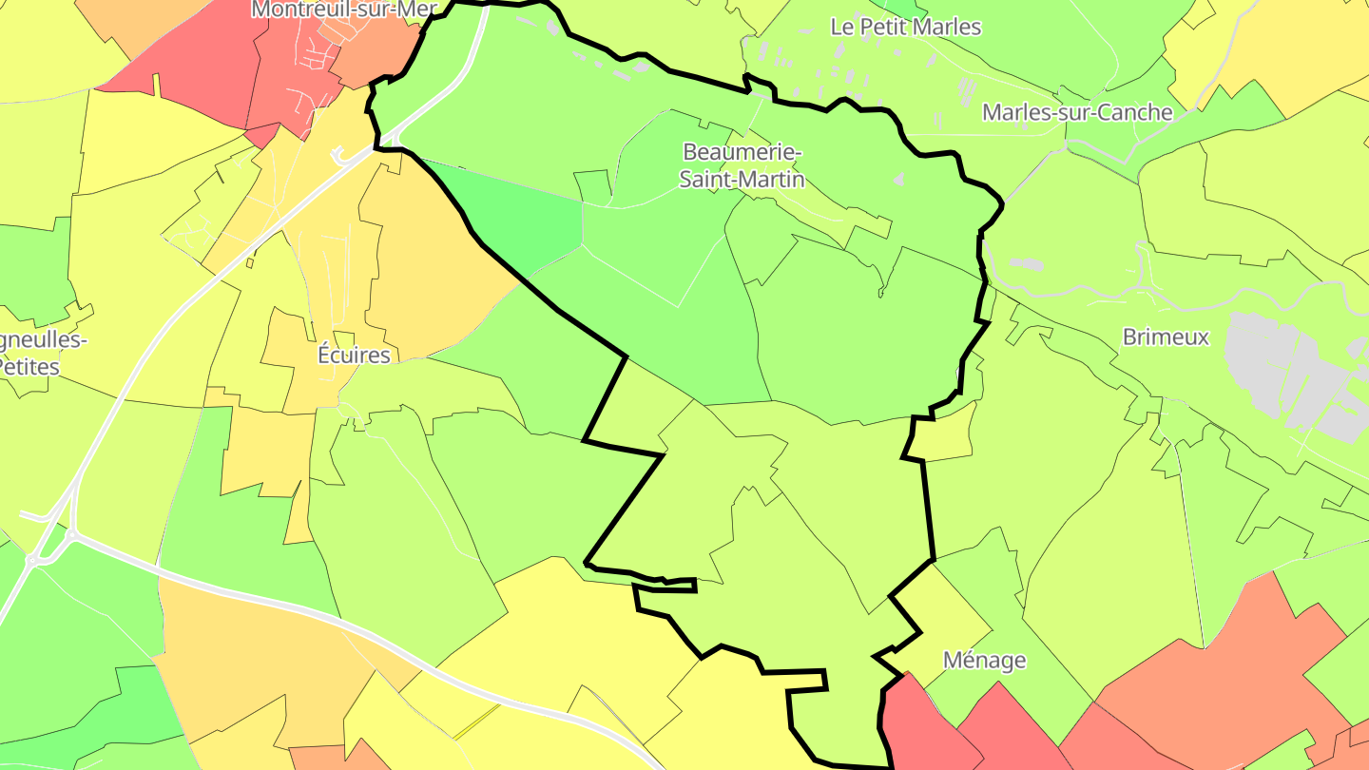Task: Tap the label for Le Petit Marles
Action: [x=905, y=27]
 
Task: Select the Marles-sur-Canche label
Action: [x=1077, y=112]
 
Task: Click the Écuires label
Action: [x=354, y=355]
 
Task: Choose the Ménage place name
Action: [x=984, y=660]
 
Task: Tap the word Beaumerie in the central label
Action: [x=742, y=152]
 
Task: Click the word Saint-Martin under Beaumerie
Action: [x=742, y=179]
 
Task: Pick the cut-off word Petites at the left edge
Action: [x=29, y=366]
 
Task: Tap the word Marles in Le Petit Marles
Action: [x=945, y=27]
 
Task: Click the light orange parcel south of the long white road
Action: [x=247, y=656]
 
